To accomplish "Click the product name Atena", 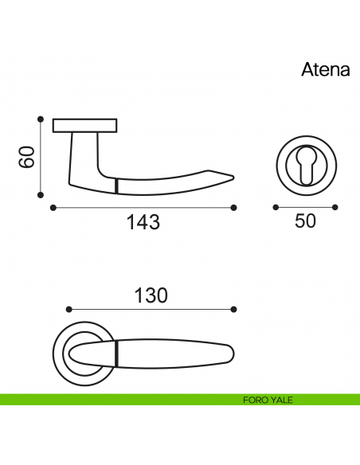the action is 326,70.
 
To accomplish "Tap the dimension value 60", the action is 27,157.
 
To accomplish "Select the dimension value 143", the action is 143,222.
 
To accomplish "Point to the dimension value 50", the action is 305,221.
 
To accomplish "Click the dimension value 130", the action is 151,295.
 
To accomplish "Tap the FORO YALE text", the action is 268,400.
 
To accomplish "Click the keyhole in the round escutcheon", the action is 307,165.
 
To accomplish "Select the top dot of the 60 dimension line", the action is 41,119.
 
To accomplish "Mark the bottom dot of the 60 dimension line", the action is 41,195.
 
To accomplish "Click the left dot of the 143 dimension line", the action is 53,208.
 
